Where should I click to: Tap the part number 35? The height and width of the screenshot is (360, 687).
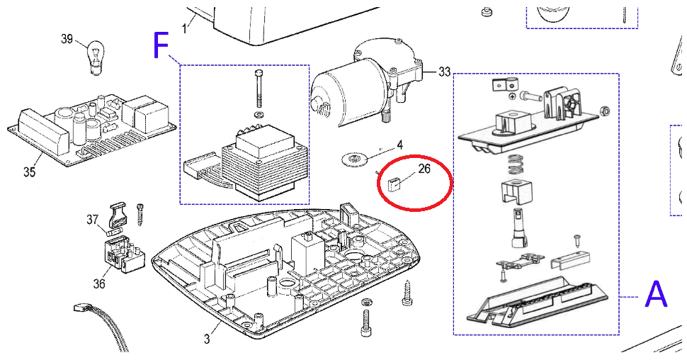29,171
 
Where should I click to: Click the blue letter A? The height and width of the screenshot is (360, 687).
656,293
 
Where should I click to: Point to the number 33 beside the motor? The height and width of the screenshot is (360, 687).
444,72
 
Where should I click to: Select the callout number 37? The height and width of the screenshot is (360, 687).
93,220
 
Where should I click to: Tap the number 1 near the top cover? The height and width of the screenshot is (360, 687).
186,28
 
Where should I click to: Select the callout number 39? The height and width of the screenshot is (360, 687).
67,39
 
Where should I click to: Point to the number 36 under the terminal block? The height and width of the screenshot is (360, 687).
99,283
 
